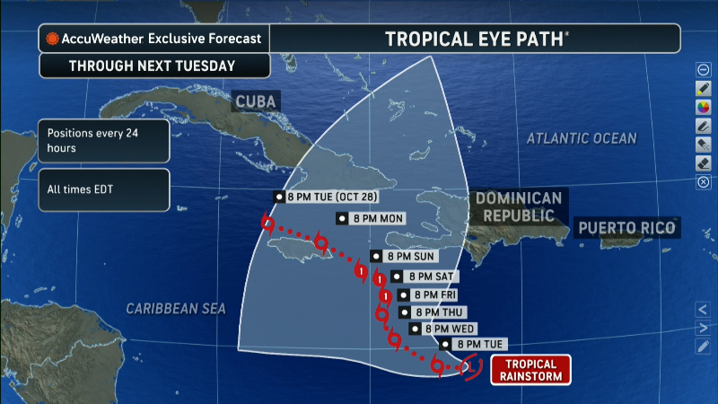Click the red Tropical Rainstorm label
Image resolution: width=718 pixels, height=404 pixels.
(x=530, y=369)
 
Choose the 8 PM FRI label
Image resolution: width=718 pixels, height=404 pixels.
(x=432, y=294)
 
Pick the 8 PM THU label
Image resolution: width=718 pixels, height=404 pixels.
(x=436, y=312)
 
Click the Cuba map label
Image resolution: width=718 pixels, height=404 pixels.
(x=255, y=101)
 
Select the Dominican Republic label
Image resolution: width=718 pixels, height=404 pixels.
(x=519, y=207)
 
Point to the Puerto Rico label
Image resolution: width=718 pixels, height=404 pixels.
(x=626, y=228)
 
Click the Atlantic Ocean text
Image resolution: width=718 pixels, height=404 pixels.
(x=581, y=138)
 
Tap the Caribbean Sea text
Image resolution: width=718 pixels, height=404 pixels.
(x=175, y=308)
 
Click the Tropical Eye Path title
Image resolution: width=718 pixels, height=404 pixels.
(x=476, y=39)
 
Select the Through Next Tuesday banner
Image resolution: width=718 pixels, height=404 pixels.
(x=153, y=66)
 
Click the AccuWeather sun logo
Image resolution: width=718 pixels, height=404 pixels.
(x=53, y=39)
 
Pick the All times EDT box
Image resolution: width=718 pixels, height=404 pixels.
(x=103, y=189)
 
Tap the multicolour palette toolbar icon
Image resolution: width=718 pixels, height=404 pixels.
(x=704, y=107)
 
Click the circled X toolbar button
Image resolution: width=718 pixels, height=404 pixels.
(x=704, y=182)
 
